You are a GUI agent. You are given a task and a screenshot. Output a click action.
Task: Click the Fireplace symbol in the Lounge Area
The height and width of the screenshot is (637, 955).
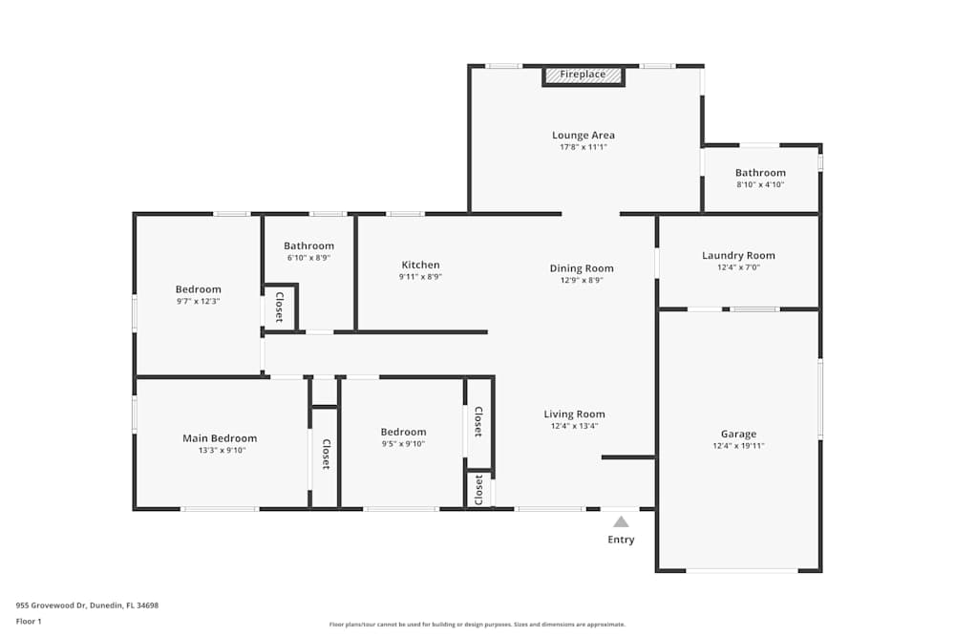(x=583, y=74)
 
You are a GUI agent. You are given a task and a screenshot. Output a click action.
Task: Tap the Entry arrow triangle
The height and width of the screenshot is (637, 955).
(x=621, y=521)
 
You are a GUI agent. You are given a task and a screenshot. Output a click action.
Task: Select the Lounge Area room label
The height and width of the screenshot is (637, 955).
(x=583, y=136)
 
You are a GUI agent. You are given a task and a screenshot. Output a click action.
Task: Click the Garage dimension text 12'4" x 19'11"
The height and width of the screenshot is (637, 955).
(x=738, y=446)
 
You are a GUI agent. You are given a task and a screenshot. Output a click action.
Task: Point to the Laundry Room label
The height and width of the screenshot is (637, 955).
(x=738, y=255)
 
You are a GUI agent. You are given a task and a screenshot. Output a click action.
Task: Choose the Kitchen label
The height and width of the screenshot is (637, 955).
(x=420, y=265)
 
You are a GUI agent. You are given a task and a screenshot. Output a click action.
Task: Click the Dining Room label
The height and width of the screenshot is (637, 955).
(x=582, y=268)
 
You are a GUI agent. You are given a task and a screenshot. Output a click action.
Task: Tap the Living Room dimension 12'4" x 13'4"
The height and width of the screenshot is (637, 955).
(x=574, y=426)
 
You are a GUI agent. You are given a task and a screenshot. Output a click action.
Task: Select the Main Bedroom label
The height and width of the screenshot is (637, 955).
(x=220, y=438)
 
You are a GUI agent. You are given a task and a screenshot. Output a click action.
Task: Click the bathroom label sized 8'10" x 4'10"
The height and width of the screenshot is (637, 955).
(x=760, y=173)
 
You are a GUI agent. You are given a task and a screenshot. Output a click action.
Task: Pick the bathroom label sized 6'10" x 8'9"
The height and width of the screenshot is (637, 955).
(x=308, y=245)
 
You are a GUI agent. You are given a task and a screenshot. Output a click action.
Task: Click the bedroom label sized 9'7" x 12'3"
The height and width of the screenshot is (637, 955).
(x=198, y=289)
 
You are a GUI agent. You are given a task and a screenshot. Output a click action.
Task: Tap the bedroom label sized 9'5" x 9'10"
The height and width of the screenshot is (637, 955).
(x=403, y=432)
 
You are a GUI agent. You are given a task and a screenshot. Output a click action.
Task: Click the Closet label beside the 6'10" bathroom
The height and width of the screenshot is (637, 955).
(x=279, y=307)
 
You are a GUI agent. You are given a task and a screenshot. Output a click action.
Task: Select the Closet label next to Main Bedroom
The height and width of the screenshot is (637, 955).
(x=326, y=455)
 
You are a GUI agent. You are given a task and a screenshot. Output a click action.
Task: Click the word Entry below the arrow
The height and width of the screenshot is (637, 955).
(x=621, y=540)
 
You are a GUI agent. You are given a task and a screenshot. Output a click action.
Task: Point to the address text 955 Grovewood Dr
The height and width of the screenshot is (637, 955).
(x=87, y=605)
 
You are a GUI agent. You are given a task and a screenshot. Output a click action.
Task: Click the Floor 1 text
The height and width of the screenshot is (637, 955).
(x=29, y=621)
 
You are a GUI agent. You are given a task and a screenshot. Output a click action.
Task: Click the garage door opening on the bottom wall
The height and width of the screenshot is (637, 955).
(x=742, y=570)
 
